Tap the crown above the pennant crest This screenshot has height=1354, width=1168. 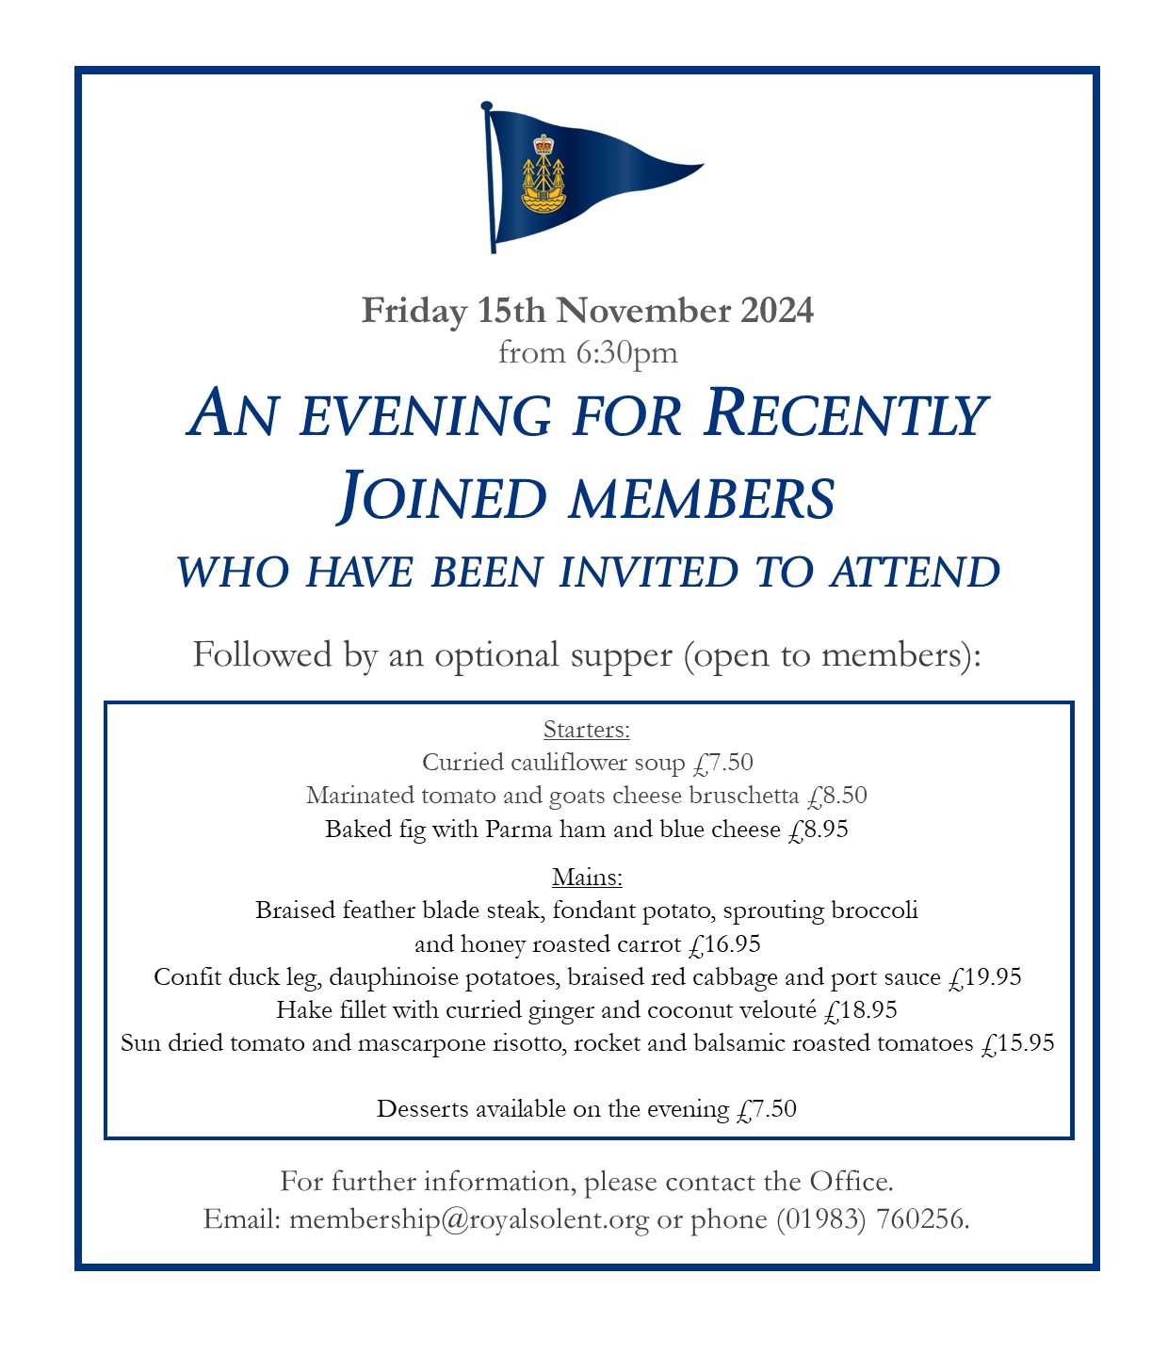click(x=543, y=144)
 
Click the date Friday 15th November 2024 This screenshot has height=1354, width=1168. click(x=587, y=311)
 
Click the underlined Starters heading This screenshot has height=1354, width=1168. click(x=586, y=730)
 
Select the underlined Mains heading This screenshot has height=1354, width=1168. click(x=587, y=878)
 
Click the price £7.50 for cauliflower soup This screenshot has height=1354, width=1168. click(x=723, y=763)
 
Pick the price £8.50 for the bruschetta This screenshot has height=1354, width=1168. click(x=837, y=796)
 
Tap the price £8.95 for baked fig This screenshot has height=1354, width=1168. click(x=818, y=830)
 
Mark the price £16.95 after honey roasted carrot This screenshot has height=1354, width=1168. click(x=724, y=944)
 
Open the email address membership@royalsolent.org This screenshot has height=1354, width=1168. click(x=469, y=1220)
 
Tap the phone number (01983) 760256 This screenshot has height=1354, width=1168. click(x=870, y=1220)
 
